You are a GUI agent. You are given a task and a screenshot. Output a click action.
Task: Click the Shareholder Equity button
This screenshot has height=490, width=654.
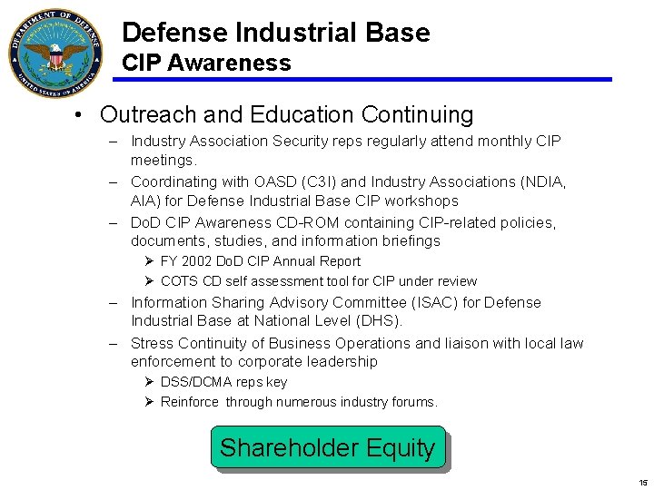point(328,447)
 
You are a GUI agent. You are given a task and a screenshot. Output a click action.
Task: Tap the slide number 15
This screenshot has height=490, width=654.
point(643,483)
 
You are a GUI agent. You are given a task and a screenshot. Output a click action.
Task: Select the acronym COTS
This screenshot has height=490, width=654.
point(179,281)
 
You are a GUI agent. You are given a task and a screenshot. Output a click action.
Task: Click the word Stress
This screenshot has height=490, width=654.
point(153,343)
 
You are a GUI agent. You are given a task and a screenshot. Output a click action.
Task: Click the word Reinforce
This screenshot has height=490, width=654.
point(190,402)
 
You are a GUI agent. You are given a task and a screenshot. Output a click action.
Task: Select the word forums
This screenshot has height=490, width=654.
point(414,402)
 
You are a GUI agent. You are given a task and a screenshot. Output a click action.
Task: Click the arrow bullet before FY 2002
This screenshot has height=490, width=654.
point(150,261)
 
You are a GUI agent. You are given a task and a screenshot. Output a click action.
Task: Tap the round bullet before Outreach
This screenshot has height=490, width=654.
point(81,116)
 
